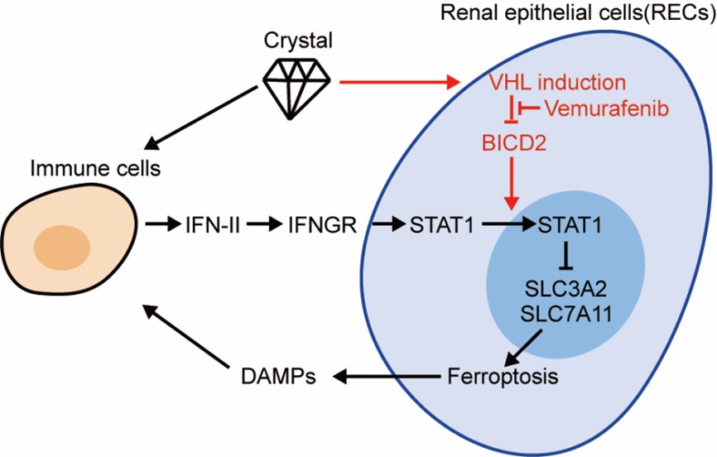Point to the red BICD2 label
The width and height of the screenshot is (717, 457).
512,141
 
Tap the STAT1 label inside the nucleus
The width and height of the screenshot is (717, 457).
568,224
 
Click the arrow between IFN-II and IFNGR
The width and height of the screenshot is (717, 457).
264,224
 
